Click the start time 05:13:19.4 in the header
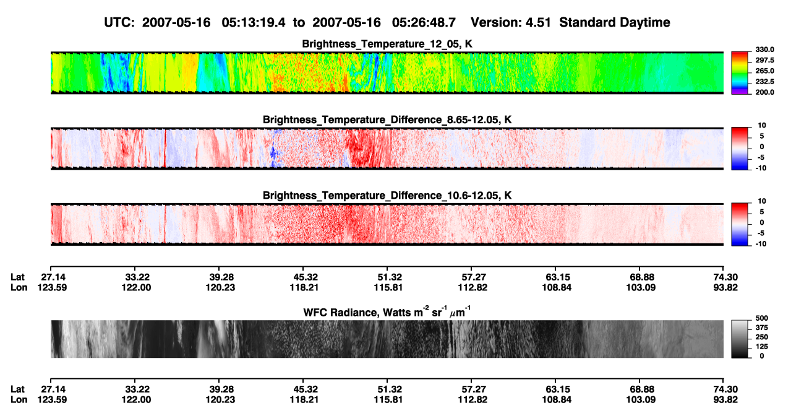(x=254, y=22)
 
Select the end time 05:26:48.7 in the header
(x=424, y=22)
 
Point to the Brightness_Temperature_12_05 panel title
(x=387, y=44)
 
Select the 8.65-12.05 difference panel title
(x=387, y=120)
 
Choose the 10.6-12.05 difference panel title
(x=387, y=196)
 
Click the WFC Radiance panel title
(x=387, y=312)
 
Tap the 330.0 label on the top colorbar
(x=764, y=50)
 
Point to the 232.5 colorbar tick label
(x=764, y=82)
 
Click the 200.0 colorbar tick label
(x=764, y=92)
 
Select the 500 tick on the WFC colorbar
(x=762, y=318)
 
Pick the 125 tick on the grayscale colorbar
(x=762, y=347)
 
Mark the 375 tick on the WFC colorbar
(x=762, y=328)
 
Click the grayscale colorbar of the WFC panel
(x=740, y=339)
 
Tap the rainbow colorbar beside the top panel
(x=740, y=73)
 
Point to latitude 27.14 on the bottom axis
(x=52, y=389)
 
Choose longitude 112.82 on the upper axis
(x=473, y=287)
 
